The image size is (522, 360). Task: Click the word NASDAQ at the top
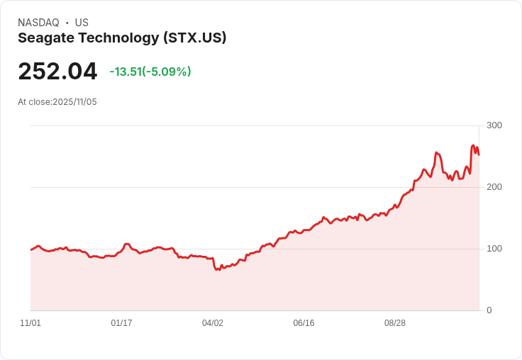tap(38, 23)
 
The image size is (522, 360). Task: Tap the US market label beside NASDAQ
tap(82, 23)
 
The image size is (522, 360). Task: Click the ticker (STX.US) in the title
tap(194, 38)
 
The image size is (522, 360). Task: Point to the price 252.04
tap(57, 72)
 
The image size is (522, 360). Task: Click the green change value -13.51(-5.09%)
tap(150, 72)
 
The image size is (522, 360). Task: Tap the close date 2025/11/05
tap(74, 102)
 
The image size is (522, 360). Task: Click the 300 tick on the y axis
tap(494, 125)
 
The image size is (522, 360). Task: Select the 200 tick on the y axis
tap(494, 187)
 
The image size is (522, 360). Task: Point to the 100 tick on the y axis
tap(494, 249)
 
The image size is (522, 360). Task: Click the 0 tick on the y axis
tap(489, 310)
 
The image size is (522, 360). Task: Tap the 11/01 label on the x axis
tap(30, 323)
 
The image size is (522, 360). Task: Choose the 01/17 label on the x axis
tap(121, 323)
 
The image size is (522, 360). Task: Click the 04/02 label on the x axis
tap(212, 323)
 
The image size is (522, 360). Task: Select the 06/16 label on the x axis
tap(304, 323)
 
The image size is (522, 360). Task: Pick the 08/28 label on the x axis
tap(394, 323)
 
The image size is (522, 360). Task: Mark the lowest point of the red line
tap(216, 270)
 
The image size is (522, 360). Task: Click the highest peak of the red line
tap(473, 146)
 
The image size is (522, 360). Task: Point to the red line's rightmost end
tap(479, 154)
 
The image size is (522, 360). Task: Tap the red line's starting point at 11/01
tap(30, 249)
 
